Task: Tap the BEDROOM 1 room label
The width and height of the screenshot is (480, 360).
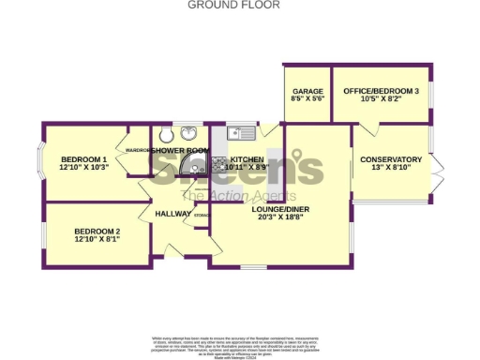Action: (x=83, y=158)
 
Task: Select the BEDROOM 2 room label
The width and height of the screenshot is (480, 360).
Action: (x=97, y=231)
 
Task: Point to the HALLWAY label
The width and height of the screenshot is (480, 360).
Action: (x=173, y=214)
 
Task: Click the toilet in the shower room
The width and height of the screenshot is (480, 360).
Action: (x=166, y=133)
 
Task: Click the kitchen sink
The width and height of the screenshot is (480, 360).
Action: (x=238, y=133)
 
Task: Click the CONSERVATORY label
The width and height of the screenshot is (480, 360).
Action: (x=391, y=159)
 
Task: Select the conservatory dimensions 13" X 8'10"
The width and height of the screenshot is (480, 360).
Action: (x=391, y=170)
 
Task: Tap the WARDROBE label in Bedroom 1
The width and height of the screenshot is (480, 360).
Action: (x=138, y=149)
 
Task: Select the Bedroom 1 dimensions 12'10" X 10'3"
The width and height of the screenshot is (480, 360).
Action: (x=83, y=168)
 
